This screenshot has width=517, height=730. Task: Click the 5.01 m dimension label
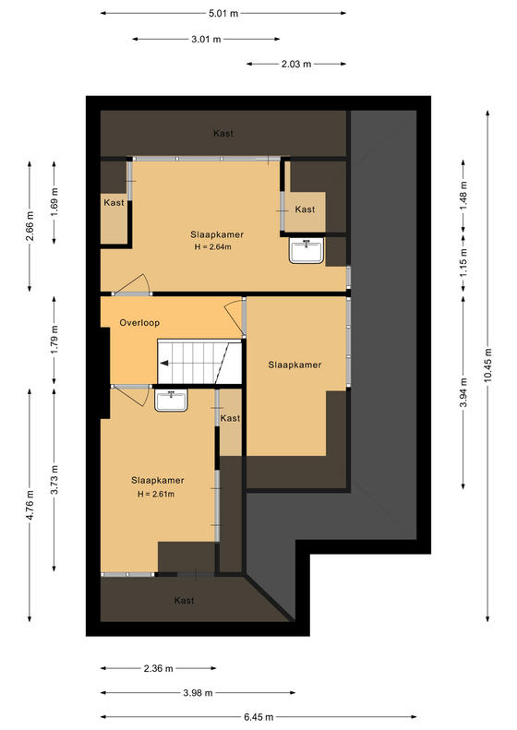[223, 14]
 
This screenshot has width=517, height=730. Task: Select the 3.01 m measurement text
[206, 39]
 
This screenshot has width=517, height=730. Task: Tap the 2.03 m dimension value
[296, 64]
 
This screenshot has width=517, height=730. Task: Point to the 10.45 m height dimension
[487, 365]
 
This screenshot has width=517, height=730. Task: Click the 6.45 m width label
[258, 717]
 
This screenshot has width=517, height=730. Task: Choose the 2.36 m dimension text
[159, 668]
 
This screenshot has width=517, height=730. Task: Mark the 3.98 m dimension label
[198, 693]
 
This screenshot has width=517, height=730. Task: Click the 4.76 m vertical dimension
[30, 505]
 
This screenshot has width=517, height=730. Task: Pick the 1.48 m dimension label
[463, 195]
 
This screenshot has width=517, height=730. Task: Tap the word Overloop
[139, 323]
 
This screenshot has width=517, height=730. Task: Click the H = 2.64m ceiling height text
[213, 246]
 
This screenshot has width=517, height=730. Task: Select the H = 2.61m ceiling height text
[156, 494]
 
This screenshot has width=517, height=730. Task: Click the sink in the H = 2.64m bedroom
[307, 251]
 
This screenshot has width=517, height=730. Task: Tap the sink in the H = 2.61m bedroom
[172, 401]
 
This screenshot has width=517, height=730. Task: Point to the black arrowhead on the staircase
[163, 364]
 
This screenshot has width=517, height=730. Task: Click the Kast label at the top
[223, 134]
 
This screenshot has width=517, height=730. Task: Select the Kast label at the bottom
[184, 601]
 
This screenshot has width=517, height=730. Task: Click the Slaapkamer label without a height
[295, 365]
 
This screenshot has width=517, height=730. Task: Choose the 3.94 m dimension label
[463, 392]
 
